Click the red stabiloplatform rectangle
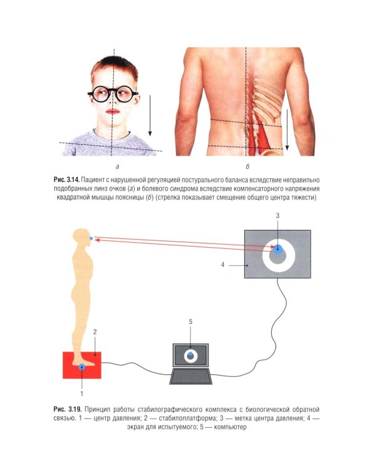point(82,365)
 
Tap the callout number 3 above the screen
point(277,216)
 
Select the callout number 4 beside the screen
point(223,265)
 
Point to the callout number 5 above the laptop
point(191,322)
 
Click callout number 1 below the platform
point(82,393)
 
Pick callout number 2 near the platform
point(95,332)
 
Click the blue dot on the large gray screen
point(277,249)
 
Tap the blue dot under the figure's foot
point(82,366)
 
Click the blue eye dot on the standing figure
point(91,238)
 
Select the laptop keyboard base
point(191,377)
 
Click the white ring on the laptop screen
point(191,356)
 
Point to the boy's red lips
point(113,111)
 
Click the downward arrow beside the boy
point(150,116)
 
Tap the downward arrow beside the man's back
point(287,129)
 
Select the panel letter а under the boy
point(117,167)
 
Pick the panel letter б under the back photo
point(247,167)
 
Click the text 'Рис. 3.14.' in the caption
point(66,179)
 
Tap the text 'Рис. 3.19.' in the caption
point(68,409)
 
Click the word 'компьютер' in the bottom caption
point(230,427)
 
